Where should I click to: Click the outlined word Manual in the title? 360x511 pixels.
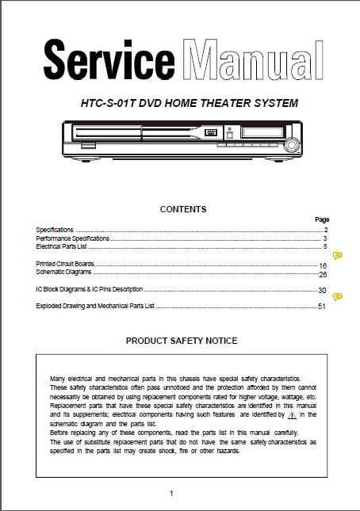pos(251,61)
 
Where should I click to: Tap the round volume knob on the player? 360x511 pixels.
pos(292,145)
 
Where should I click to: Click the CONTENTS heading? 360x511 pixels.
pos(183,210)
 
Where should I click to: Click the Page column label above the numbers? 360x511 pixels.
pos(321,219)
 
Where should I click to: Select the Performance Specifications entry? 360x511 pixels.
pos(72,238)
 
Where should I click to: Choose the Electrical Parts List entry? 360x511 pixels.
pos(62,247)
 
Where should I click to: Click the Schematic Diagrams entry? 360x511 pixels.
pos(63,272)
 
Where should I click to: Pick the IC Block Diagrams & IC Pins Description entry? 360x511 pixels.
pos(90,290)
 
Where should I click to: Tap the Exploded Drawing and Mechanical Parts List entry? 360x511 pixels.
pos(95,306)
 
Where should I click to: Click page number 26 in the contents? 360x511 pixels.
pos(323,274)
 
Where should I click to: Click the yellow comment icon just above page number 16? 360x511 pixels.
pos(337,255)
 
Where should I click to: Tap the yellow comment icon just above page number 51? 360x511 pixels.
pos(337,296)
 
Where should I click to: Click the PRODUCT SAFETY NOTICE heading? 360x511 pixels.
pos(182,341)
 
